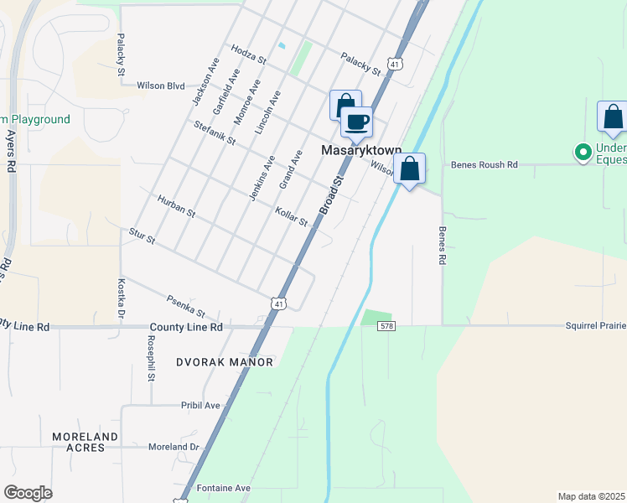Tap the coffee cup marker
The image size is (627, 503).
[x=356, y=122]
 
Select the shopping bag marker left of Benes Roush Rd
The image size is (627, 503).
[x=409, y=169]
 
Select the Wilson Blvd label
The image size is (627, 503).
[x=160, y=86]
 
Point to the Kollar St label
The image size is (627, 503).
[x=293, y=216]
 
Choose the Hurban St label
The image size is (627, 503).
[x=176, y=206]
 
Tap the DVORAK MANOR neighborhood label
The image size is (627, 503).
[x=225, y=362]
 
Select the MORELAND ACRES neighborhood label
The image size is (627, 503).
[x=85, y=442]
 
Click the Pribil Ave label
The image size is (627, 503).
[x=200, y=405]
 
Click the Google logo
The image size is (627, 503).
[x=28, y=493]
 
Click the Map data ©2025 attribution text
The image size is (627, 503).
[x=592, y=495]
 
